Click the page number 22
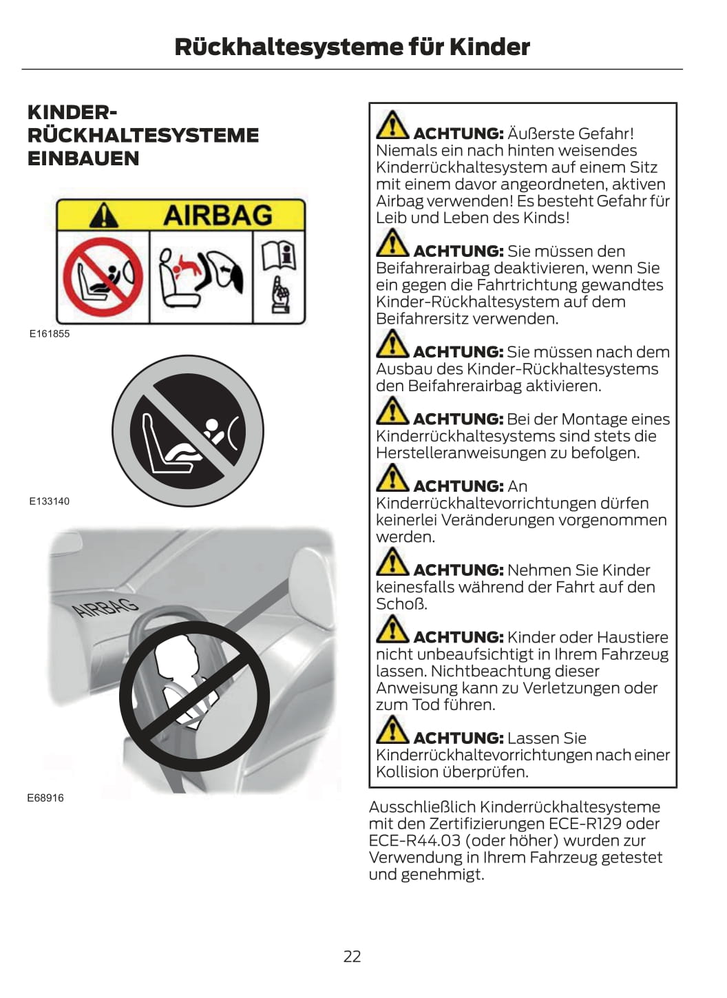pos(352,956)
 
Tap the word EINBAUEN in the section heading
pos(83,158)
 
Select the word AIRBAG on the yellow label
pos(218,215)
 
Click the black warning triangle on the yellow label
pos(103,215)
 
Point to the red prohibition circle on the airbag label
pos(103,277)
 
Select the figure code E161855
pos(50,334)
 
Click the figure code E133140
pos(50,501)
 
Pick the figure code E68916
pos(45,798)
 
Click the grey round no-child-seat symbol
pos(187,431)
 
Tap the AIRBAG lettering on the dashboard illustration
pos(105,607)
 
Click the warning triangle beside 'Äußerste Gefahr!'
pos(392,125)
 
